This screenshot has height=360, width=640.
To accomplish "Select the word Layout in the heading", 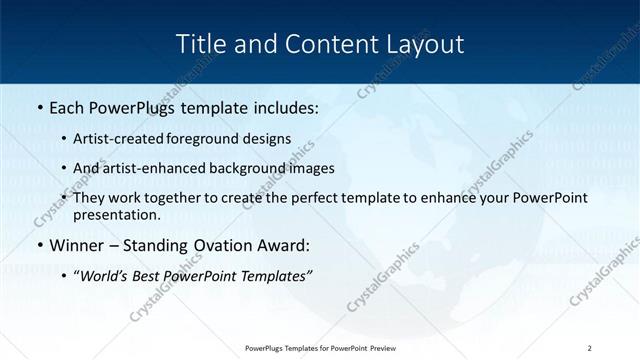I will (x=426, y=44).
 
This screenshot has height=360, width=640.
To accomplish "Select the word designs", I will (x=268, y=138).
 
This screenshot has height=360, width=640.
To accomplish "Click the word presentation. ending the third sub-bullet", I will (x=116, y=214).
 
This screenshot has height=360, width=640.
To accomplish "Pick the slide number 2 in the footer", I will (x=590, y=347).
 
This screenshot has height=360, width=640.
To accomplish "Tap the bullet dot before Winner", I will (x=39, y=246).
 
